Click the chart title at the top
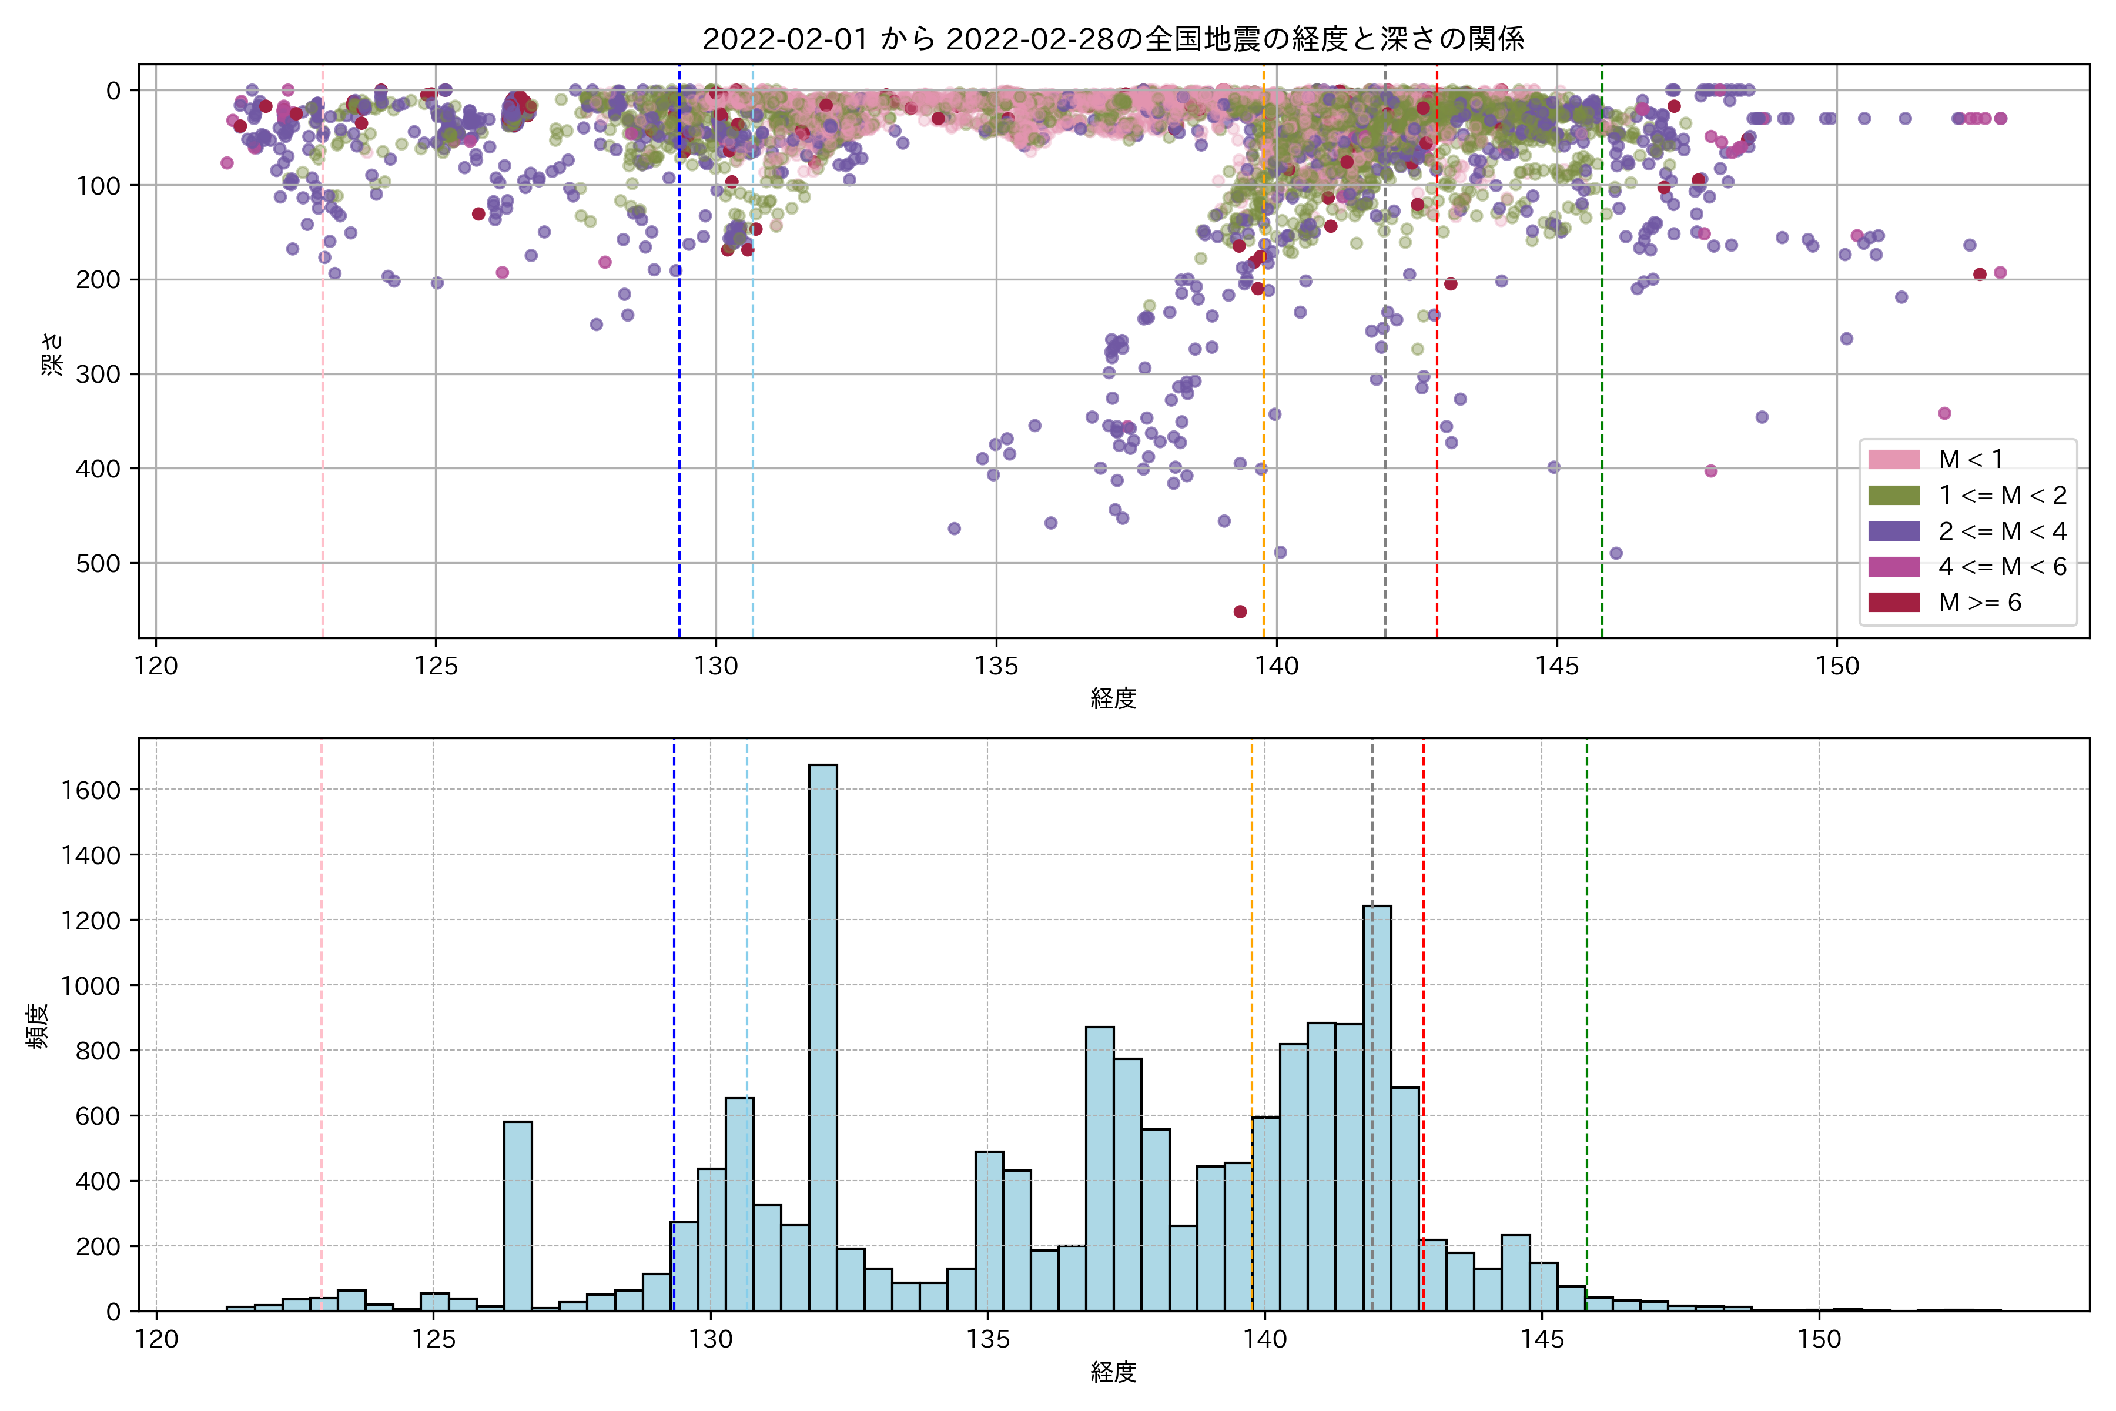click(1113, 39)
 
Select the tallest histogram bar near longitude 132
click(822, 1035)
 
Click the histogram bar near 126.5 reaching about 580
click(517, 1215)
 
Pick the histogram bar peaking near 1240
click(1377, 1107)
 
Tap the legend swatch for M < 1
click(1894, 459)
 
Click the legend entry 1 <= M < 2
click(2002, 495)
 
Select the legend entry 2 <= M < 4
click(2002, 531)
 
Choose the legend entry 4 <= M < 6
click(2002, 566)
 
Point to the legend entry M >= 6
click(1979, 602)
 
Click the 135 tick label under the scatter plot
click(996, 666)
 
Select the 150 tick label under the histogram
click(1819, 1339)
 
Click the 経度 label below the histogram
click(1113, 1372)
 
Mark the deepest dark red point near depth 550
click(1240, 612)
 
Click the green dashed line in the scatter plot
click(1601, 360)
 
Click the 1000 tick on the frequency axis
click(90, 985)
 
